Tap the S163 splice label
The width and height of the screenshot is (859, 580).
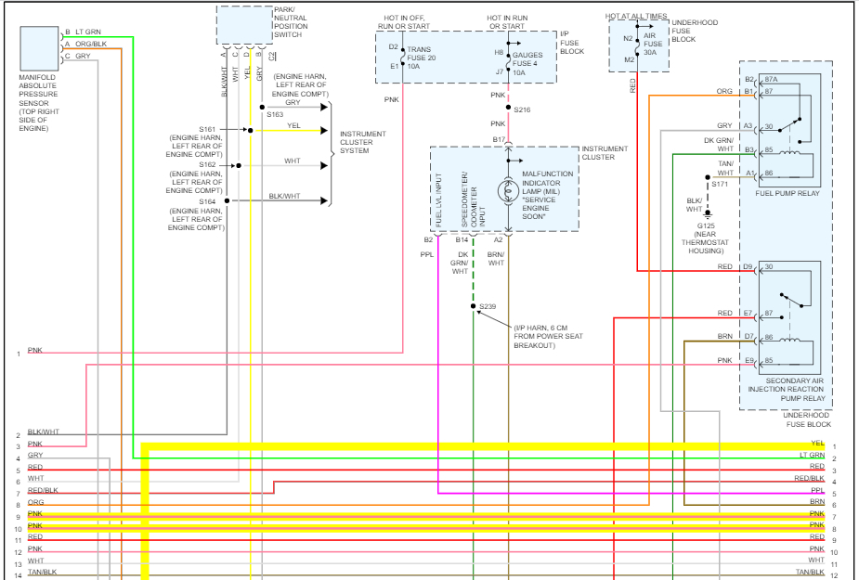(274, 114)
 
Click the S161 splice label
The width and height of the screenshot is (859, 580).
(206, 129)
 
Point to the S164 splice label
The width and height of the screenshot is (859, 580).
(206, 201)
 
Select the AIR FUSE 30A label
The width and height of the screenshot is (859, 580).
(654, 45)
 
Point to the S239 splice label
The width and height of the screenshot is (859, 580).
(488, 306)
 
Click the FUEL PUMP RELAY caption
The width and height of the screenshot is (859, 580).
(787, 192)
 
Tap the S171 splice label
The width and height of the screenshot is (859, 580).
(719, 184)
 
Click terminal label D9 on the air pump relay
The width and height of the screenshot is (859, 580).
(748, 267)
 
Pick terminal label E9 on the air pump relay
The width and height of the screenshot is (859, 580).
(748, 360)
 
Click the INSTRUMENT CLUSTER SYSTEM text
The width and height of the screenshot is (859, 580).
(362, 142)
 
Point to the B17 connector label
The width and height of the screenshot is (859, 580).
(499, 140)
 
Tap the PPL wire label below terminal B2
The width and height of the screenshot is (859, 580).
(426, 253)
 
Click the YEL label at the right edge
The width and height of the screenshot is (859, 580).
(817, 444)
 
